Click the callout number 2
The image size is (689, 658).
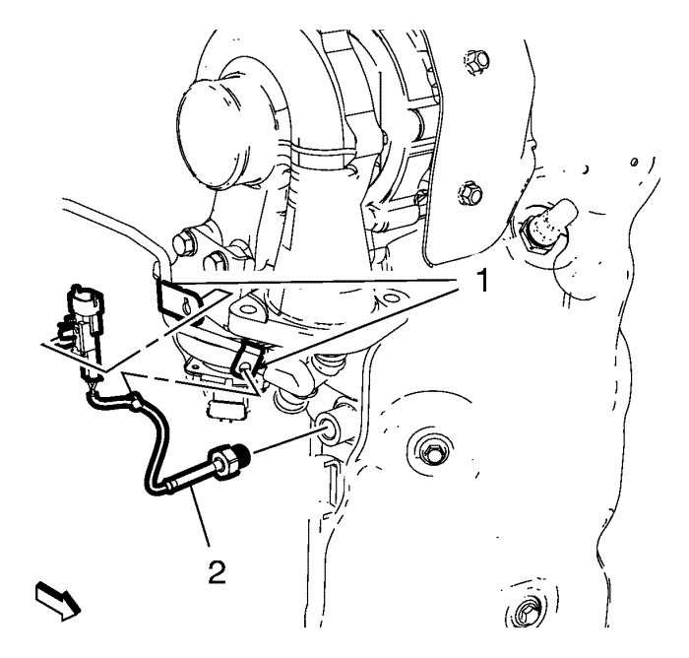coord(218,571)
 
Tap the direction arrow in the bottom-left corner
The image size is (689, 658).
coord(57,601)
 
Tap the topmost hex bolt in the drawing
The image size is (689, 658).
coord(475,61)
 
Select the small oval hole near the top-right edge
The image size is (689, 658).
coord(634,163)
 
